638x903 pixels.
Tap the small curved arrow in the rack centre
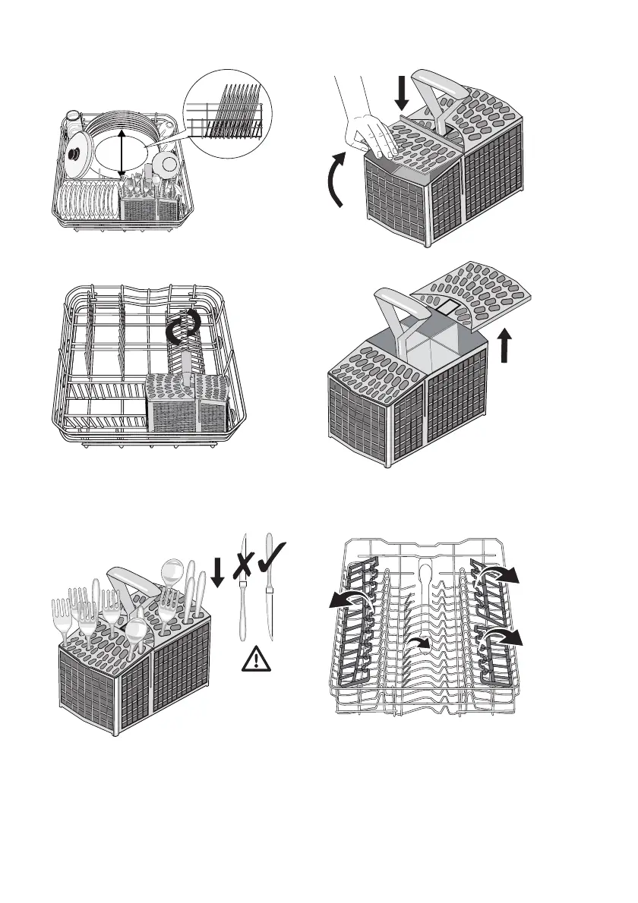(x=417, y=643)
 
